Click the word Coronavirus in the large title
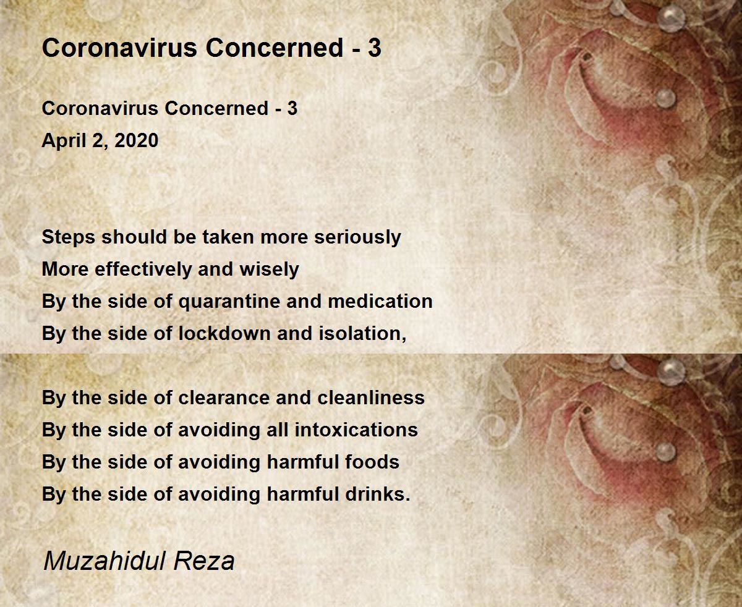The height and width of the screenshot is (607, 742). click(x=119, y=48)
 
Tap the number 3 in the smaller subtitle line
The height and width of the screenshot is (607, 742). click(x=292, y=108)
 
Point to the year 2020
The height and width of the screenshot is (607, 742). click(x=136, y=140)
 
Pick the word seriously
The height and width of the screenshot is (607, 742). click(x=357, y=237)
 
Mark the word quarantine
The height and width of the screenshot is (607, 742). click(x=229, y=302)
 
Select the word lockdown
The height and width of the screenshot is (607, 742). click(x=225, y=333)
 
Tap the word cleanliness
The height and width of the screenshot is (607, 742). click(x=371, y=397)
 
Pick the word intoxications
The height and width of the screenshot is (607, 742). click(x=356, y=430)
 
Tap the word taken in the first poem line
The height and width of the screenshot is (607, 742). click(x=229, y=237)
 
